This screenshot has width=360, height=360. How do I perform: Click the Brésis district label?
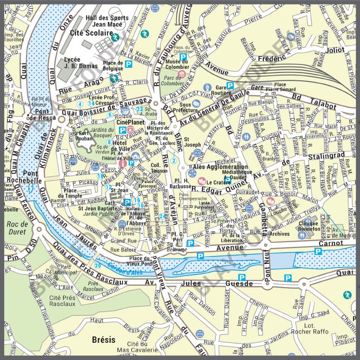pyautogui.click(x=103, y=340)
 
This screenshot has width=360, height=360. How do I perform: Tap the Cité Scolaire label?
pyautogui.click(x=92, y=33)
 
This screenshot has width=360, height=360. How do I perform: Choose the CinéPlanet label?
pyautogui.click(x=128, y=122)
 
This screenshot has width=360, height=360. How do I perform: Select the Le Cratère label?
pyautogui.click(x=216, y=183)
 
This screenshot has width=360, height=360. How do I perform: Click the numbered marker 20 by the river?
pyautogui.click(x=98, y=265)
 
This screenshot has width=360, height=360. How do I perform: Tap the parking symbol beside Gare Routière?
pyautogui.click(x=229, y=85)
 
